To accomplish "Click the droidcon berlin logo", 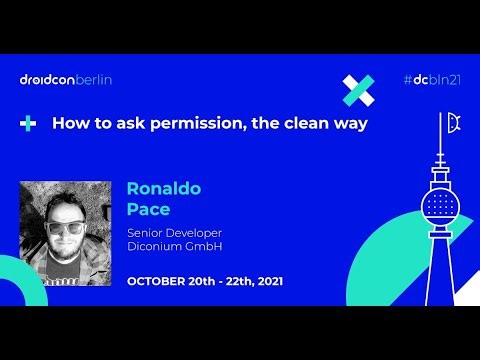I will pyautogui.click(x=65, y=80).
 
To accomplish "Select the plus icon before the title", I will pyautogui.click(x=28, y=124).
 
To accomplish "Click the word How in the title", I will pyautogui.click(x=68, y=124).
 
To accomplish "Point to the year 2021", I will pyautogui.click(x=266, y=282).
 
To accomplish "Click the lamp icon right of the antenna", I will pyautogui.click(x=456, y=124).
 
